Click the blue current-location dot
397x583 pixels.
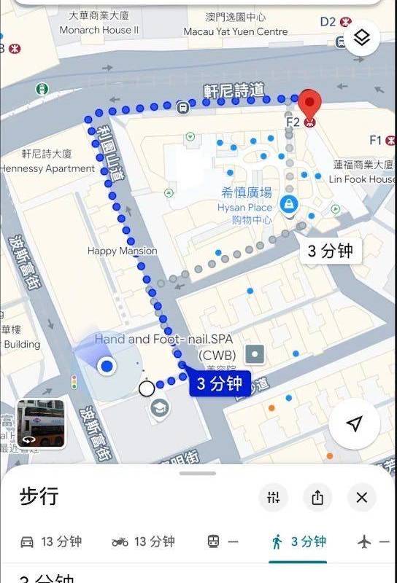pyautogui.click(x=108, y=367)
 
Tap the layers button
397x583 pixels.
pyautogui.click(x=362, y=38)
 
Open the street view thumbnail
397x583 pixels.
pyautogui.click(x=41, y=423)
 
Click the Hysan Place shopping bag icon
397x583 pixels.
pyautogui.click(x=290, y=203)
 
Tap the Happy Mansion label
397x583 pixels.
pyautogui.click(x=122, y=251)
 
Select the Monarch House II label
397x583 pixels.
pyautogui.click(x=99, y=30)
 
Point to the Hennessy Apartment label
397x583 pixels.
pyautogui.click(x=47, y=168)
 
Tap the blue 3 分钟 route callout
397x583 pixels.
pyautogui.click(x=219, y=384)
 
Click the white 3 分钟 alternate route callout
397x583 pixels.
pyautogui.click(x=331, y=251)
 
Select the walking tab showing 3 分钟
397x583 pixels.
pyautogui.click(x=299, y=541)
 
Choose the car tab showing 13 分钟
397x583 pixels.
pyautogui.click(x=51, y=541)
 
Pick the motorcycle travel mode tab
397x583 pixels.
pyautogui.click(x=144, y=541)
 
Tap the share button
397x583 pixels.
pyautogui.click(x=317, y=498)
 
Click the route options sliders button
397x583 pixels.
pyautogui.click(x=274, y=498)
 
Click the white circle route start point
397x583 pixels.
pyautogui.click(x=147, y=388)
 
